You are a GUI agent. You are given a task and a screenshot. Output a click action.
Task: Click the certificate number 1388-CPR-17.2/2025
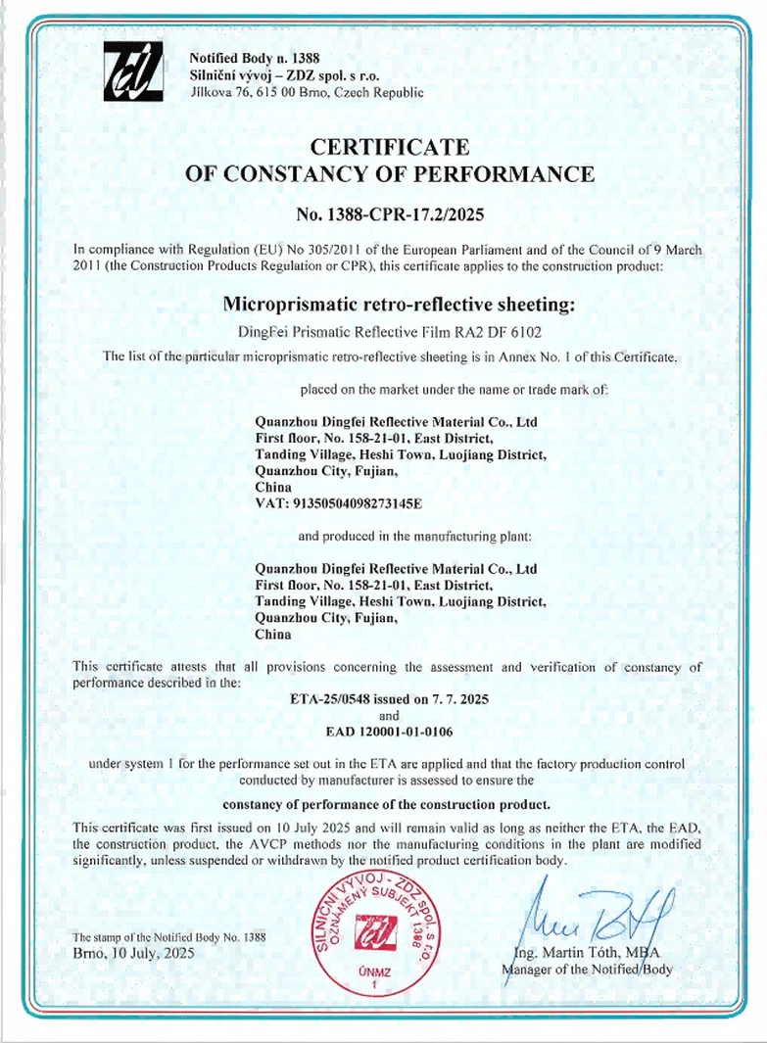point(390,213)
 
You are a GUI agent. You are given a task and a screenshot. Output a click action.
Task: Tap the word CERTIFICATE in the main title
point(390,147)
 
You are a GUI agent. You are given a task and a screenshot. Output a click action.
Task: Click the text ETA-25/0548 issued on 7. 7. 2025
point(390,700)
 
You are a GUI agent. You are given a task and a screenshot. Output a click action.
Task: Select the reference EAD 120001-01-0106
point(390,731)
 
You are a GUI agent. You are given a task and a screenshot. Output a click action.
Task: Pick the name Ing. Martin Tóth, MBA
point(588,953)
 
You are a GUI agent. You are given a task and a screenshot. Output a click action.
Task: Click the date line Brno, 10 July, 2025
point(133,953)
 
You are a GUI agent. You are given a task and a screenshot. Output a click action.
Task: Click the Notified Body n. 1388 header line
point(254,58)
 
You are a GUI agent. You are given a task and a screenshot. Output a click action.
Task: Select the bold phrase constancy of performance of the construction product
point(390,805)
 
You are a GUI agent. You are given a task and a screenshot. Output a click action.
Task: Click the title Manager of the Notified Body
point(588,970)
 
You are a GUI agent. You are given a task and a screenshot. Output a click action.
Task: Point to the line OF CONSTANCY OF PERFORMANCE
point(390,174)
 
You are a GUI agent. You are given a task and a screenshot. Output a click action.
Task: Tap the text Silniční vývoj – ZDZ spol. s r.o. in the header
point(285,75)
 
